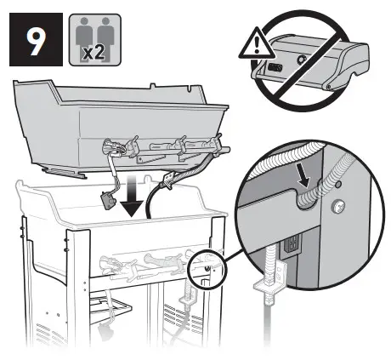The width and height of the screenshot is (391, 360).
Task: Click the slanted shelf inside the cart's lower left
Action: pyautogui.click(x=119, y=306)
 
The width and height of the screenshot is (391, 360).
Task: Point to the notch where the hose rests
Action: pyautogui.click(x=307, y=195)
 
